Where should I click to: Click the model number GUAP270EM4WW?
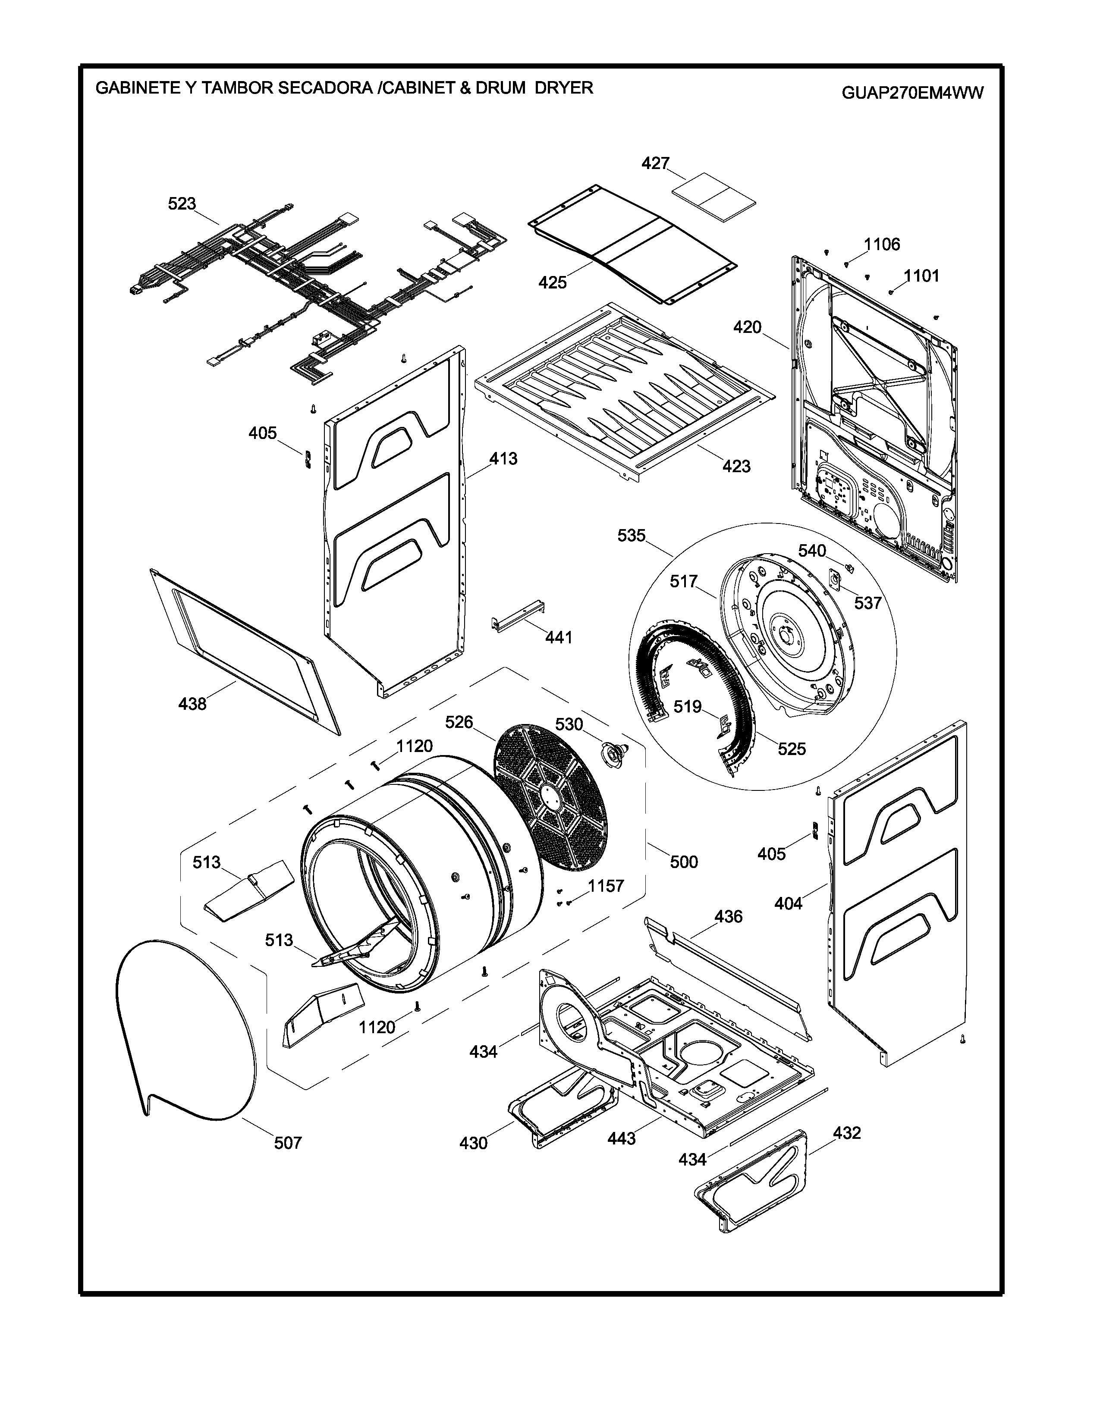point(912,93)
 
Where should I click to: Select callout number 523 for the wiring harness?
point(182,204)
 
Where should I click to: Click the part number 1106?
point(882,244)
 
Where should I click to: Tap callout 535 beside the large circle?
point(631,536)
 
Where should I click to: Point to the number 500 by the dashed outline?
point(684,862)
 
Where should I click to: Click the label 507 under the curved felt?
point(287,1142)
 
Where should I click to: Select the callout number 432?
point(846,1133)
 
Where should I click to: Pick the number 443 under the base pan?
point(622,1138)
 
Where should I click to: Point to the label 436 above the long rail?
point(728,917)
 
